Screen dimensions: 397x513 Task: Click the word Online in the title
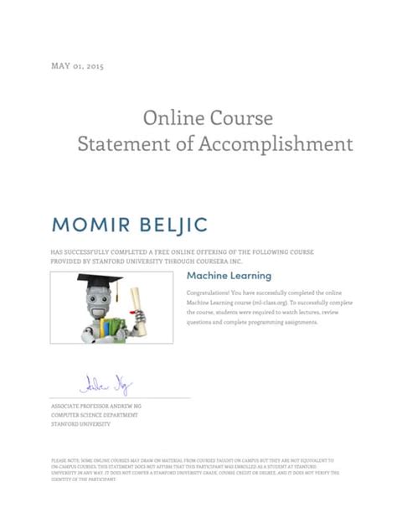(170, 118)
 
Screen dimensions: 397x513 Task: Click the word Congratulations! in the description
(209, 292)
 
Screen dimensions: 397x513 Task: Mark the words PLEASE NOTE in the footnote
(63, 460)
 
